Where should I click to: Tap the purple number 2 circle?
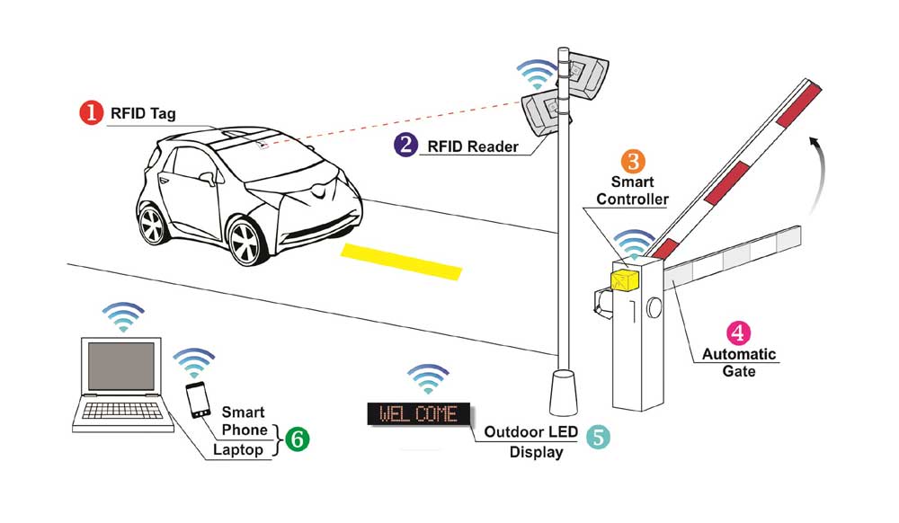coord(405,144)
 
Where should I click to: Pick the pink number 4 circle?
coord(738,332)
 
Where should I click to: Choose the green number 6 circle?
coord(297,439)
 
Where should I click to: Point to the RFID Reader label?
coord(472,145)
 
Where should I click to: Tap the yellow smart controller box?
coord(624,279)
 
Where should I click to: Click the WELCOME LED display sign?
coord(419,414)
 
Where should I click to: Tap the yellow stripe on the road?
coord(400,261)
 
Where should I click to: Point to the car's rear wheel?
coord(153,224)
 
